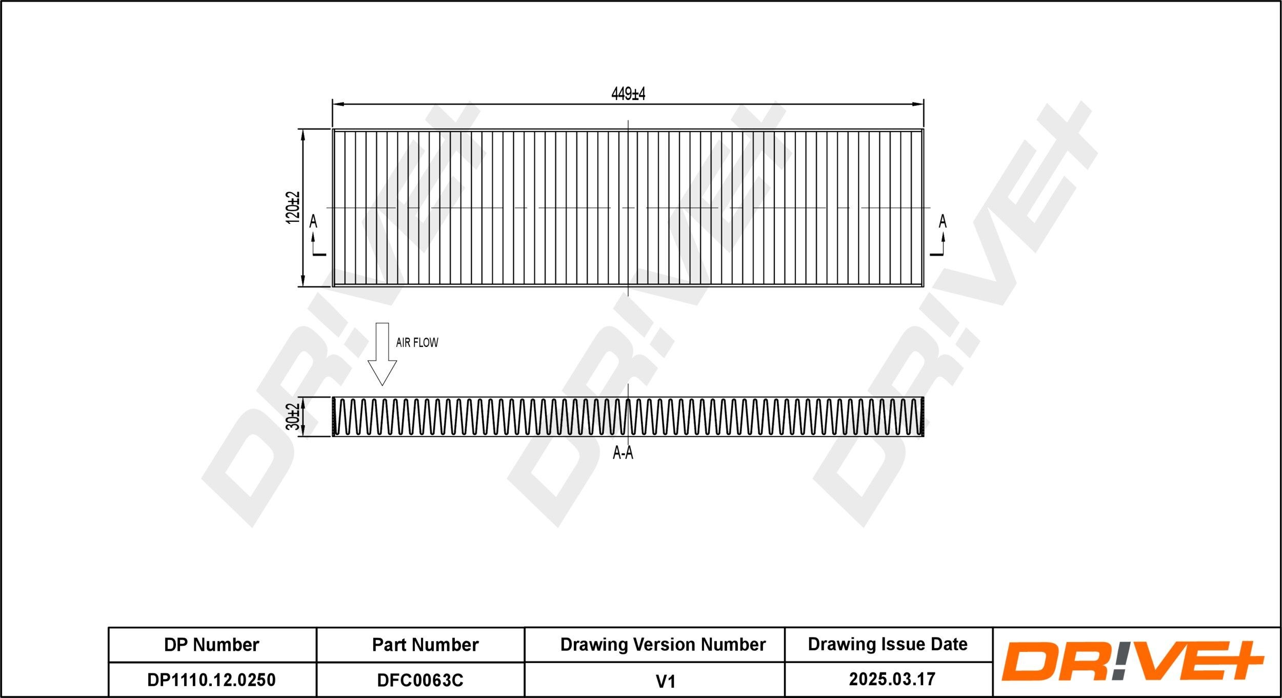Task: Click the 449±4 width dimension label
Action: pos(628,94)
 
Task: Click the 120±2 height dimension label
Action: pos(292,208)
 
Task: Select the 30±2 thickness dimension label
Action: pos(293,416)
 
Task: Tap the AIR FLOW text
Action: pos(417,342)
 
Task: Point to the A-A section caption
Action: pos(623,453)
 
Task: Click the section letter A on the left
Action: pos(313,221)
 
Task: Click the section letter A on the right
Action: pos(943,221)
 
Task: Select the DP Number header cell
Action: pos(211,645)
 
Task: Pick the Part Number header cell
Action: pos(425,645)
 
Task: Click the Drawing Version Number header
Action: pos(663,644)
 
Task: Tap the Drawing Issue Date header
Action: pos(888,644)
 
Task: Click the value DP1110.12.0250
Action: pos(211,680)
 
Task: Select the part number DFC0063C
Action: pos(420,680)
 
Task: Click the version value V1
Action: pos(665,681)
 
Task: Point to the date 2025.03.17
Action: pos(892,679)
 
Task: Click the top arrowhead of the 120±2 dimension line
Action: pos(303,135)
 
